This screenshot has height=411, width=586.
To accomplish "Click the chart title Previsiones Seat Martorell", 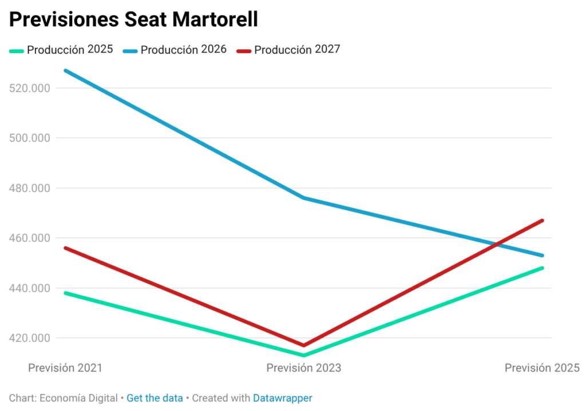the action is [x=133, y=19].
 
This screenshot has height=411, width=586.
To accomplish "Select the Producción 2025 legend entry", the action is [x=61, y=50].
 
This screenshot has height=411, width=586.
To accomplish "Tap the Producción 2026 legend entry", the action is [x=175, y=50].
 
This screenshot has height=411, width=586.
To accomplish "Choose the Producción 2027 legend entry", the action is [x=288, y=50].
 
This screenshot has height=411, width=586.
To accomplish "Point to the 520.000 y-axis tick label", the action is [x=30, y=88].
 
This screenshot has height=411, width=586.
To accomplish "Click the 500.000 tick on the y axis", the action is [x=30, y=138].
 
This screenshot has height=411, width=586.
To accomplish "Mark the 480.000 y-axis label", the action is [x=30, y=188].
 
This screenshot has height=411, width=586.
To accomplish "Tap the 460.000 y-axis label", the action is [x=30, y=238].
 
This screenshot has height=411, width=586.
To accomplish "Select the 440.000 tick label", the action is [x=30, y=288].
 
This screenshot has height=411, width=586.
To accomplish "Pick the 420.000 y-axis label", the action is [x=30, y=338].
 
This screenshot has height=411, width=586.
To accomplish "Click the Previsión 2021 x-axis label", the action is [x=65, y=368].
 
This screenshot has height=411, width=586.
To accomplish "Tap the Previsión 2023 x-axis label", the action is [x=304, y=368].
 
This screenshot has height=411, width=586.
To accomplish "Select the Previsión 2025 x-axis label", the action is [x=543, y=368].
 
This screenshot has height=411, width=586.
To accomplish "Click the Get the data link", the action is [x=155, y=398].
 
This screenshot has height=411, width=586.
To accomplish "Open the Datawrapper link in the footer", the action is [x=283, y=398].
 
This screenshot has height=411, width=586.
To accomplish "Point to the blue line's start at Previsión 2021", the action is [x=66, y=70].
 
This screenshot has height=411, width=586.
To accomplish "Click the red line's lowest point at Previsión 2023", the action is [x=303, y=345].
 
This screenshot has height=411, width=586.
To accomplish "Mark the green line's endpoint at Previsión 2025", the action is [x=543, y=268].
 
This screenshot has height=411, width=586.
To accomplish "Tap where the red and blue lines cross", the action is [x=496, y=245].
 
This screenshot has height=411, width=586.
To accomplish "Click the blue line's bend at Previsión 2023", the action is [x=303, y=198].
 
